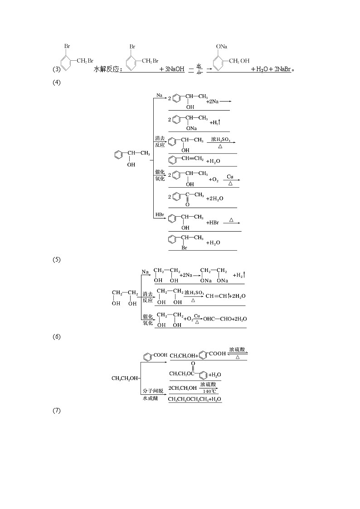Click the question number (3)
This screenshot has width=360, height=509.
coord(56,70)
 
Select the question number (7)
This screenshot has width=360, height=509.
coord(56,411)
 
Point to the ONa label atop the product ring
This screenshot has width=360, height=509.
coord(222,47)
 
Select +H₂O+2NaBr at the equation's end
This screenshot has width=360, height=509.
coord(271,70)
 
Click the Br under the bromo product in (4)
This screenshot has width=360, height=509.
coord(185,248)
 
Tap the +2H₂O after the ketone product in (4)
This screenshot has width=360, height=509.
coord(214,199)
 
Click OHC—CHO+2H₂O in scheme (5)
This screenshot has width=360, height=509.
coord(225,319)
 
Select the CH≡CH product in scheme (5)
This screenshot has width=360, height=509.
coord(216,296)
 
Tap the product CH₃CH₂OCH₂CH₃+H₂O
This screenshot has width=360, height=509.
coord(195,399)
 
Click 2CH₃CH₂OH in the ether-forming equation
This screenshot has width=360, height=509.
coord(183,388)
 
